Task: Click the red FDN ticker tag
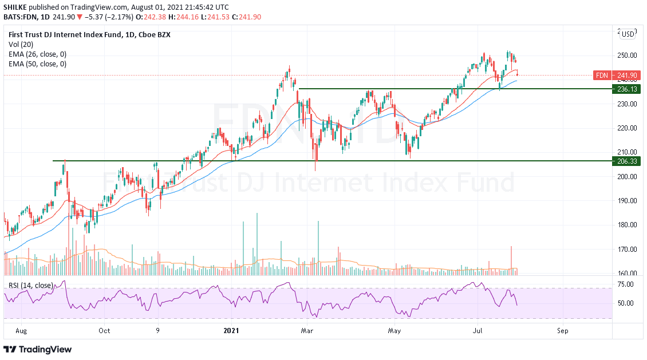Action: [602, 75]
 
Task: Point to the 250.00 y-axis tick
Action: [626, 56]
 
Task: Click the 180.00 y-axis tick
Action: [626, 225]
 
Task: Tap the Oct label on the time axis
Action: [104, 330]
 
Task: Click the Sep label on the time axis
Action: [563, 330]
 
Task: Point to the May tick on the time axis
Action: [394, 330]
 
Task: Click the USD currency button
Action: [628, 34]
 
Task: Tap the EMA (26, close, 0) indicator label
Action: [37, 54]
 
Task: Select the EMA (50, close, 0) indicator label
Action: [37, 64]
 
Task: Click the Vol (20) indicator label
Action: [21, 44]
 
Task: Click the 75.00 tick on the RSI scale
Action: [625, 284]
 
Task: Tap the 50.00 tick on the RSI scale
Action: [625, 303]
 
